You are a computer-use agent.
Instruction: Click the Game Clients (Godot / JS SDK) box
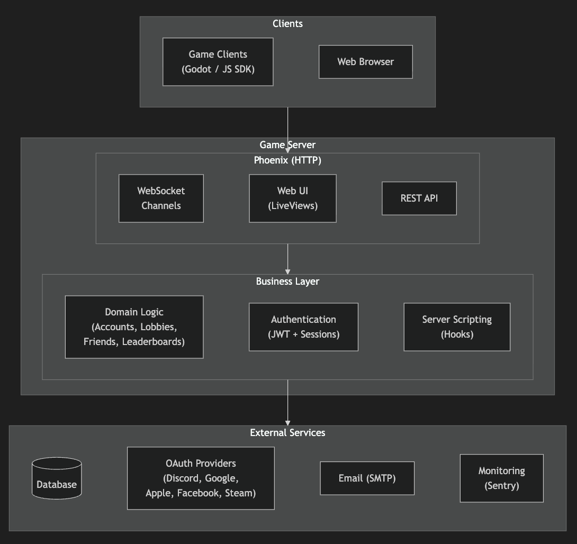[218, 61]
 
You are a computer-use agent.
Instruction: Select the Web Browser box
[365, 61]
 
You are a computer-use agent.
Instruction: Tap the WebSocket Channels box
[161, 198]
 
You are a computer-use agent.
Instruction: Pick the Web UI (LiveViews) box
[292, 198]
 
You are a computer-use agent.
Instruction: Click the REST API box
[419, 198]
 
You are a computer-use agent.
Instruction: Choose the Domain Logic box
[134, 327]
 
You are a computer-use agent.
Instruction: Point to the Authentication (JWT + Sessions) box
[303, 327]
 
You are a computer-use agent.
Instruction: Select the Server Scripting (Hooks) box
[457, 327]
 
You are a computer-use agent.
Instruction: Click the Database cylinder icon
[57, 478]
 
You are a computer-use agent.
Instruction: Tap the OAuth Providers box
[201, 478]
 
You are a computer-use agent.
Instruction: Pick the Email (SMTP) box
[367, 478]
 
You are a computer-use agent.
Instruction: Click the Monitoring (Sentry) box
[501, 478]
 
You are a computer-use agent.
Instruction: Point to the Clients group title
[287, 23]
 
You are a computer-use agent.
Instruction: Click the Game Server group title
[287, 144]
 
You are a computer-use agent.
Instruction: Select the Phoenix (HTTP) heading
[287, 160]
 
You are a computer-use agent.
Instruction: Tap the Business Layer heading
[287, 281]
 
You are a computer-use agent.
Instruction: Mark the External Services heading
[287, 432]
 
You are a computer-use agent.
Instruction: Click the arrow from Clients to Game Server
[288, 127]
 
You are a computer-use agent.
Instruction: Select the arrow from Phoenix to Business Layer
[288, 258]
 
